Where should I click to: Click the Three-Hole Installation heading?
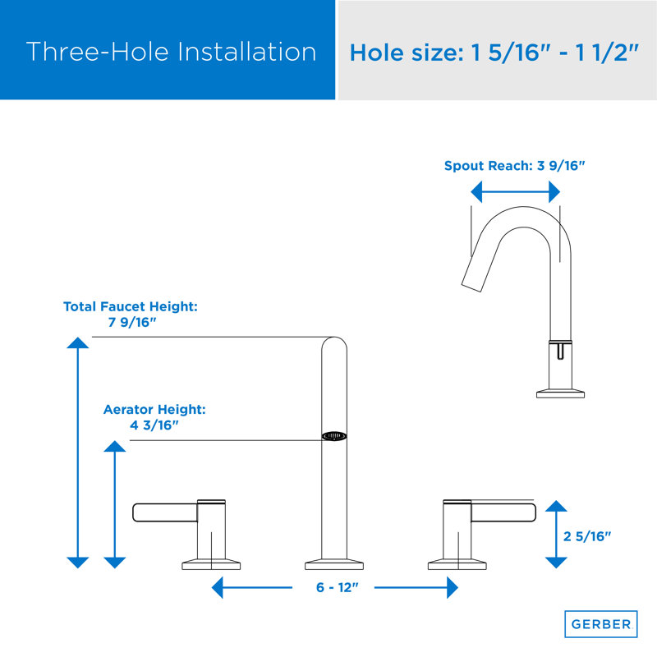(171, 52)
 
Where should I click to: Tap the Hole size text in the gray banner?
(494, 53)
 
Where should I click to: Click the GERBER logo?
(600, 624)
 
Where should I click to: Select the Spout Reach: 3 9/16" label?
(514, 165)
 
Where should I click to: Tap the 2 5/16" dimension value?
(588, 537)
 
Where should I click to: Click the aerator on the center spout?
(333, 436)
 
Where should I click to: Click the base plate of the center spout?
(333, 565)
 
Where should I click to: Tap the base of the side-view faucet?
(560, 393)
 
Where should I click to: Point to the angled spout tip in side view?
(473, 274)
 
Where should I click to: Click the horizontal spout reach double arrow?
(515, 192)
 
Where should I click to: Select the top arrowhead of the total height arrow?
(77, 344)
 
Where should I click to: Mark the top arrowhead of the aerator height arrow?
(115, 446)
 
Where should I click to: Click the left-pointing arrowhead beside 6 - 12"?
(218, 588)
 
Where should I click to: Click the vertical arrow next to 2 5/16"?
(556, 534)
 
